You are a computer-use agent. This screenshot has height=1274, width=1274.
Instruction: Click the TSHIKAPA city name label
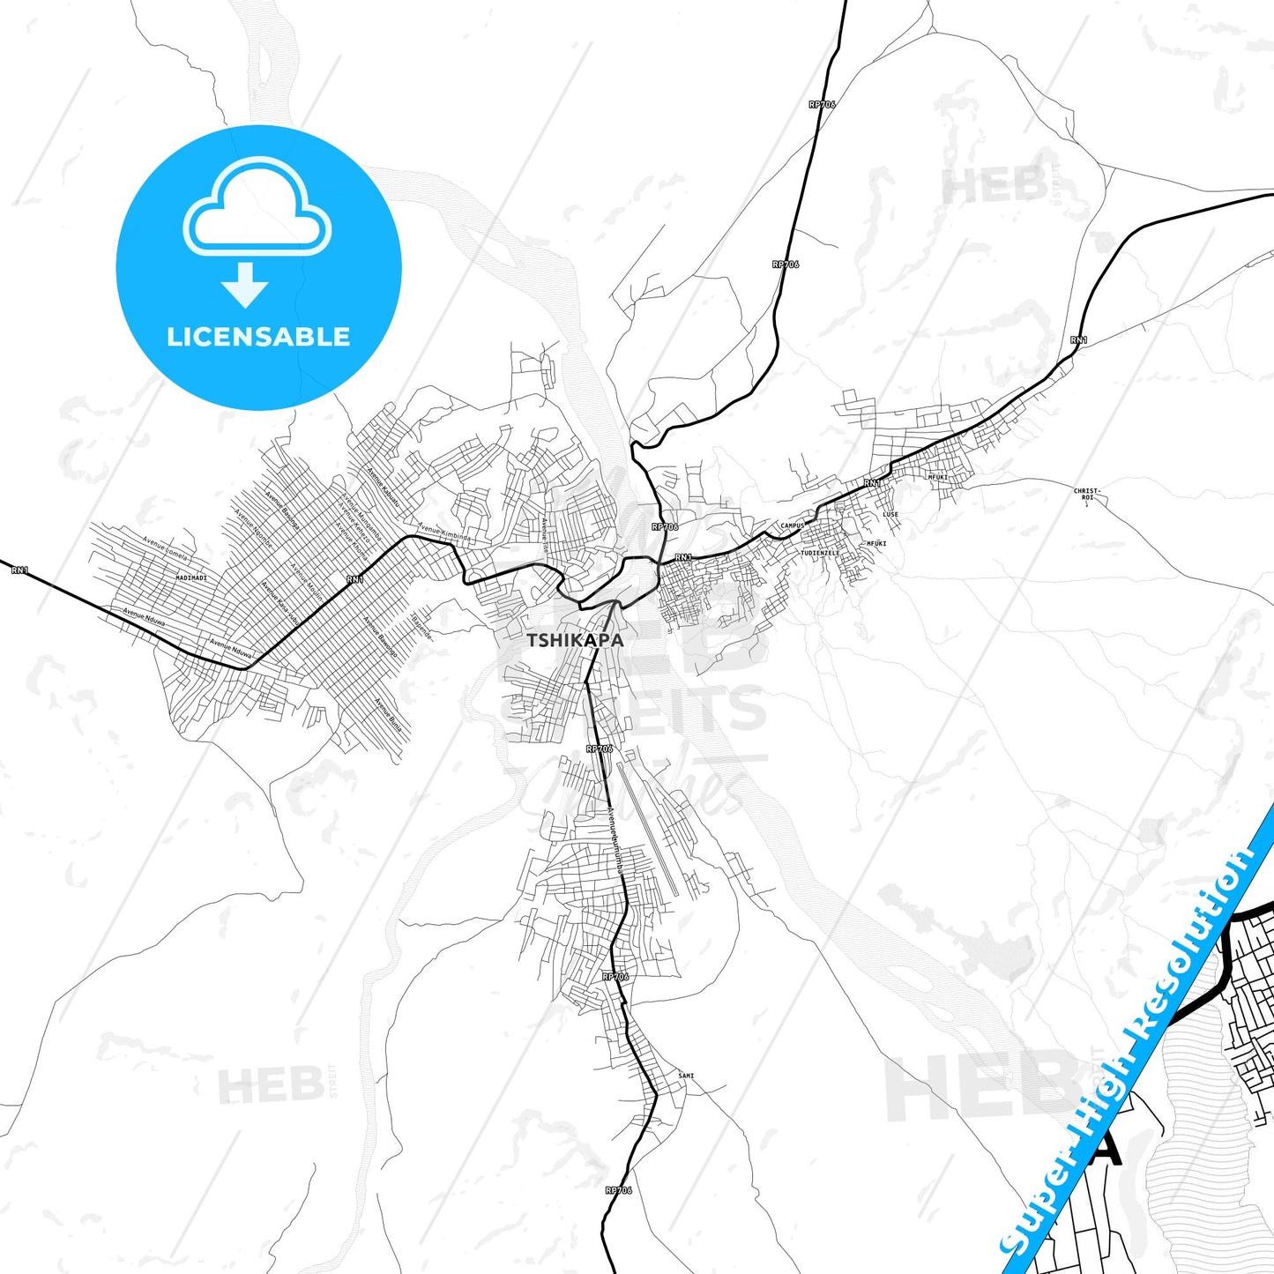click(575, 640)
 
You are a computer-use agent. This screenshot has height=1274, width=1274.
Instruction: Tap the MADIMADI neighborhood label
click(191, 577)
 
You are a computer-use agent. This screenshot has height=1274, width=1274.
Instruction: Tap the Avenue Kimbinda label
click(445, 533)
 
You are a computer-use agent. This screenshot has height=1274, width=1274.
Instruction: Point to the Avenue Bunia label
click(389, 716)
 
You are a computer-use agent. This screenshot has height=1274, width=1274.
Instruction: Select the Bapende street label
click(422, 627)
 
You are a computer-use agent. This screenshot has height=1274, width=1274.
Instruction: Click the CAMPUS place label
click(793, 525)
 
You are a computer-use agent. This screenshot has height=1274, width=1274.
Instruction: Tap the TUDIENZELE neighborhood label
click(820, 553)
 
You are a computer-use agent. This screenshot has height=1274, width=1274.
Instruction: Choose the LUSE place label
click(890, 514)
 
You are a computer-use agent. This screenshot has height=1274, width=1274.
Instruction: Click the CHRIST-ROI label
click(1087, 494)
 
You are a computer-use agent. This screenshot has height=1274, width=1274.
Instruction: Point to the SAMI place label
click(686, 1076)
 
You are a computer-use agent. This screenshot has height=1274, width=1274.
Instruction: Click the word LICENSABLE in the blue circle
click(258, 337)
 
